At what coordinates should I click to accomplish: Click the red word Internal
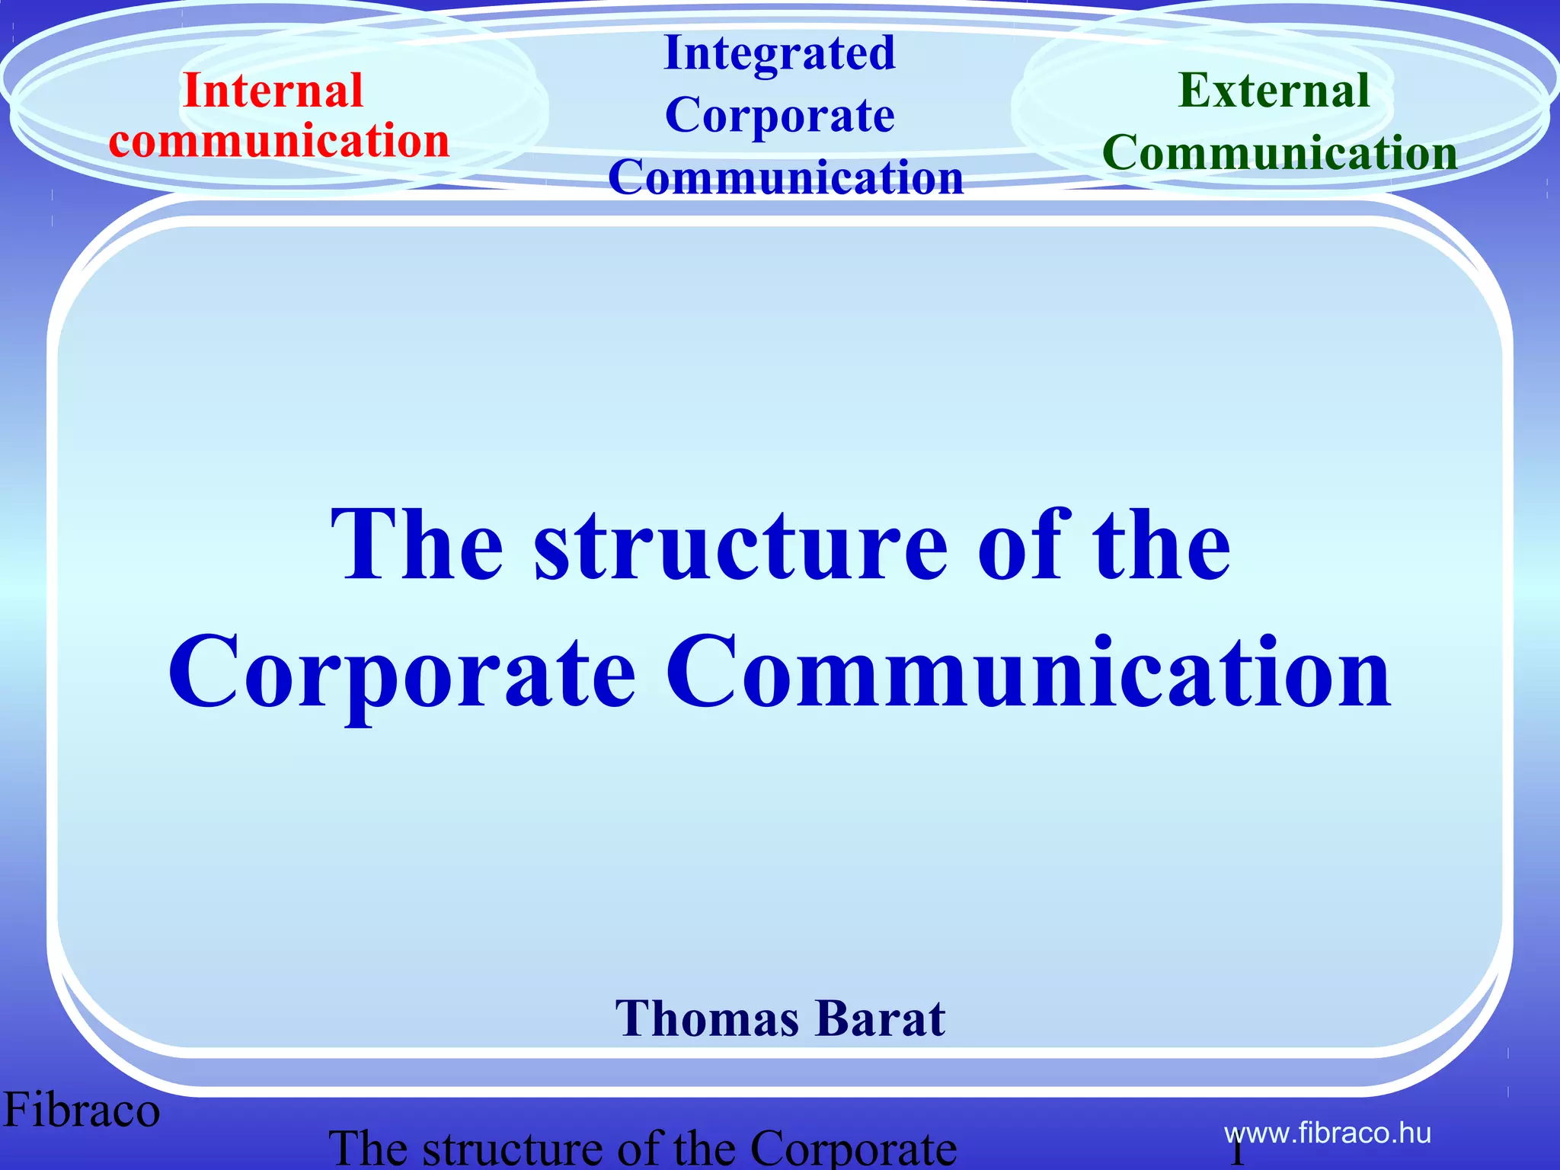(273, 91)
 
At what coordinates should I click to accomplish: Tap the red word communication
(279, 141)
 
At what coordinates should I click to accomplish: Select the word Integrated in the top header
(779, 53)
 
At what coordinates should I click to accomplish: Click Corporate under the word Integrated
(779, 116)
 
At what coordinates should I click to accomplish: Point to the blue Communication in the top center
(785, 177)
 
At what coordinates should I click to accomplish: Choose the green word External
(1274, 91)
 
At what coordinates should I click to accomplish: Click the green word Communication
(1280, 152)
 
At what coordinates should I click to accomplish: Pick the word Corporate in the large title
(401, 674)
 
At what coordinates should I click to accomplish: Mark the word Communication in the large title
(1028, 674)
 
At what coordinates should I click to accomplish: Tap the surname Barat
(883, 1018)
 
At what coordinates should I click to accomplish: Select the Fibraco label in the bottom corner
(82, 1110)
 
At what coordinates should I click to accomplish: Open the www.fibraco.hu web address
(1328, 1133)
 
